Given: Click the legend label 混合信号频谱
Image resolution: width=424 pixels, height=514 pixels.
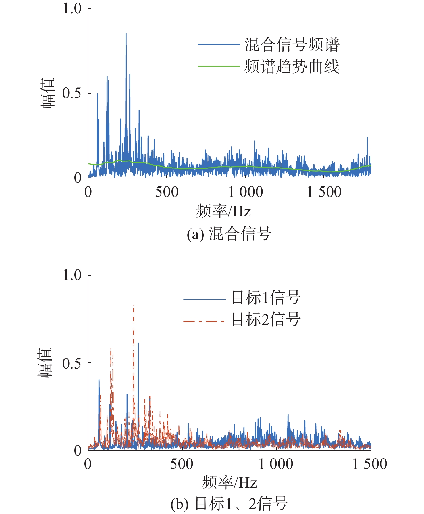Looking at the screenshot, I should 292,45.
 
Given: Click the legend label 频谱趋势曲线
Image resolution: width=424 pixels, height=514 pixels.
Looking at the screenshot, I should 292,67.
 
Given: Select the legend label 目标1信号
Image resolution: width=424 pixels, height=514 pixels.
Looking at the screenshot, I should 266,297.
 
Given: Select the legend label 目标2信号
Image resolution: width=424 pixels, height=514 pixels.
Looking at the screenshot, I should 266,319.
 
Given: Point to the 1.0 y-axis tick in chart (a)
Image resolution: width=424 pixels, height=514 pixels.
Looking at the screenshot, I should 72,9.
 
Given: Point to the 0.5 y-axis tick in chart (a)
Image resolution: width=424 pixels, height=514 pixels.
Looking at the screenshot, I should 72,93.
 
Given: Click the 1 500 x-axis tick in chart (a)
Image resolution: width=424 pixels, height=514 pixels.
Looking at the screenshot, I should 324,192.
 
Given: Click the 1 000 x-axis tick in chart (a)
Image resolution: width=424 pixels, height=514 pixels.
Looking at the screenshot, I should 246,192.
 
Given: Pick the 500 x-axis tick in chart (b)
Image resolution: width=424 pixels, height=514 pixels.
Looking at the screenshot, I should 182,464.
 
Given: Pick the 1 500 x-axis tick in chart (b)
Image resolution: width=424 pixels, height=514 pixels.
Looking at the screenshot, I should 370,464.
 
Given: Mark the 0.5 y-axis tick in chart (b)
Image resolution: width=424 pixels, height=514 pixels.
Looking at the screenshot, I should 72,363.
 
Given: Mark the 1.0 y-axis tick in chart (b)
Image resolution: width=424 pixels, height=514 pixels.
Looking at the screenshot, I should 72,275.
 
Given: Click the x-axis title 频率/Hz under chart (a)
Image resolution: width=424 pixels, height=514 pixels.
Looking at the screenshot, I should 223,211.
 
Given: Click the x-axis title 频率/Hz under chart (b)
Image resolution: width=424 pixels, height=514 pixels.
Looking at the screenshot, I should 229,482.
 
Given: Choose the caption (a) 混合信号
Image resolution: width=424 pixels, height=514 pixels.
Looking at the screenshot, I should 229,234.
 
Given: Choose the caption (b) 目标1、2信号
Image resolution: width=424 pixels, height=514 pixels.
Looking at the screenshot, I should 229,504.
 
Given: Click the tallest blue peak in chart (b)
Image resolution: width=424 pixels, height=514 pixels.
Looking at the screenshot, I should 138,344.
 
